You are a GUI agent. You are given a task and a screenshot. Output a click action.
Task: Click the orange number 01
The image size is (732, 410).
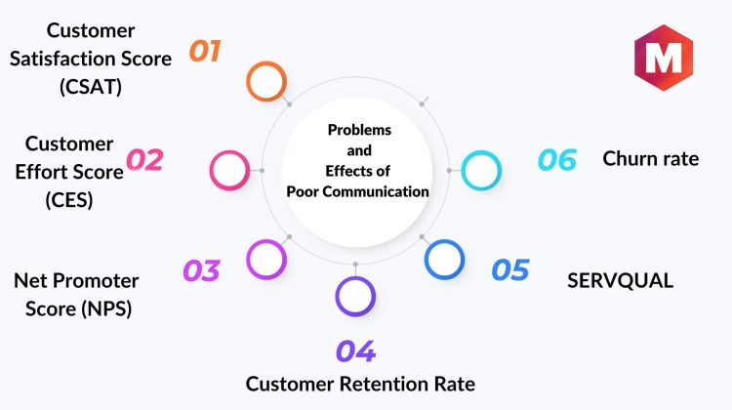coord(204,51)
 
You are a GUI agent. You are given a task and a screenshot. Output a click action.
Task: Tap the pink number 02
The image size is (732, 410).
coord(144,160)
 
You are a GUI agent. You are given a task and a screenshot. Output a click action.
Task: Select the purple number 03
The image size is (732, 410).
coord(201,269)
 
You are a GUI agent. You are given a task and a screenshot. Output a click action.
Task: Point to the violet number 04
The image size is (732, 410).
coord(355,351)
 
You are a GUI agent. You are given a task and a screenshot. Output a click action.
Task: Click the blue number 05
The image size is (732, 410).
coord(509,269)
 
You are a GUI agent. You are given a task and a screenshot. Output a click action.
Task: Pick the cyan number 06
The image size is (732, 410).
coord(557,159)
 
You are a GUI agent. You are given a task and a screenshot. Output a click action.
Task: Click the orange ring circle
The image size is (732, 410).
coord(265,81)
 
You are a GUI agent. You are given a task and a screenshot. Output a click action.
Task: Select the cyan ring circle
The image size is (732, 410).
coord(481,170)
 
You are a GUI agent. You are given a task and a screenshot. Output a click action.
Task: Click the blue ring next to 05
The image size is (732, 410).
coord(444,259)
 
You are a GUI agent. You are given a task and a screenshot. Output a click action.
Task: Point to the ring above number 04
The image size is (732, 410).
coord(355,297)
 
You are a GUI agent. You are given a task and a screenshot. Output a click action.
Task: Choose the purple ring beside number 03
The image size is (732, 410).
coord(265,259)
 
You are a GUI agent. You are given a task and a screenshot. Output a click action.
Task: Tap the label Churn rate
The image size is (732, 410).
coord(650,158)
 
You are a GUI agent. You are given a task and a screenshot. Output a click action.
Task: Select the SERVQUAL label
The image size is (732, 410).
coord(621,280)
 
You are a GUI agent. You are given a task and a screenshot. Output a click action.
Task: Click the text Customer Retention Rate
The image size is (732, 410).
coord(360,384)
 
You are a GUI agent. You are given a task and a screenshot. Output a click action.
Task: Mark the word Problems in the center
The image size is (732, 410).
coord(358,129)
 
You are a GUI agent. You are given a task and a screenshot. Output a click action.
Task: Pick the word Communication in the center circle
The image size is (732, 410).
coord(381,191)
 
